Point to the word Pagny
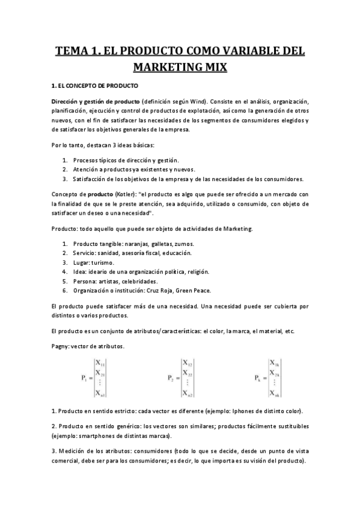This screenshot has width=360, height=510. pos(60,346)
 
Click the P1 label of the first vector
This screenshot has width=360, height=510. pos(85,378)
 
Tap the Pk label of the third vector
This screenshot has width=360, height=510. pos(258,378)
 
